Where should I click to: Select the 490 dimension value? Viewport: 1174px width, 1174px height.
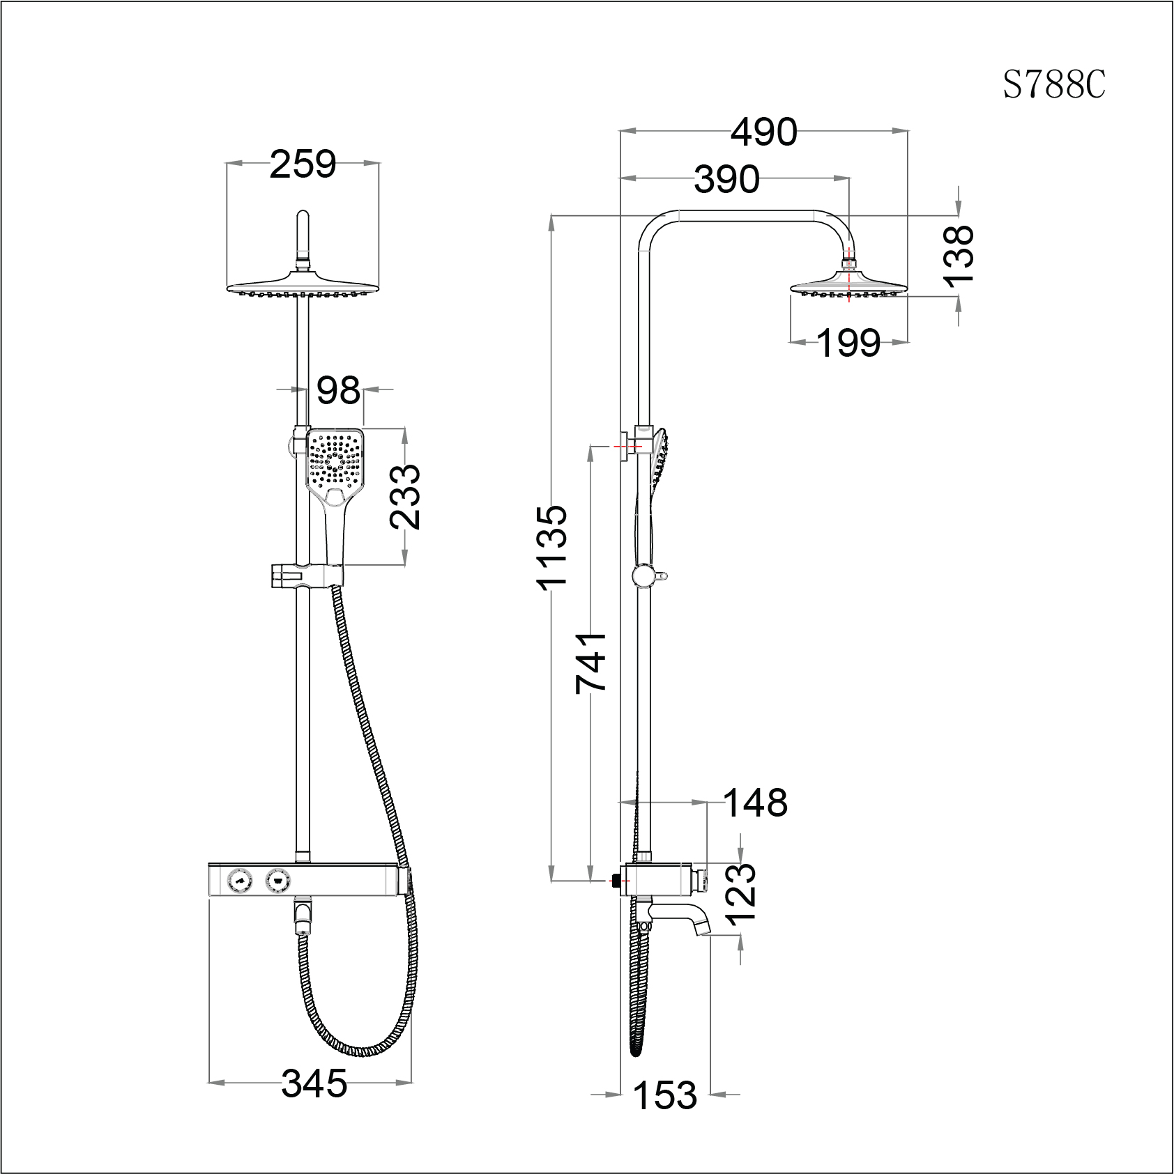(x=764, y=132)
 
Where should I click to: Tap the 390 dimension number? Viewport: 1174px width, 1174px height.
(x=726, y=180)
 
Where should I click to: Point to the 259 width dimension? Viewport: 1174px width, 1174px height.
(x=303, y=164)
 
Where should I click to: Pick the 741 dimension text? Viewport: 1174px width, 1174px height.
(x=592, y=663)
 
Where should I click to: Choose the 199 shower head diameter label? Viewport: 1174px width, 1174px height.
(x=848, y=343)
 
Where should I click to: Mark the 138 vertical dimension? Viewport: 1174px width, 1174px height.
(x=959, y=256)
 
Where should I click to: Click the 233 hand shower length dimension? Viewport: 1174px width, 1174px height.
(x=405, y=497)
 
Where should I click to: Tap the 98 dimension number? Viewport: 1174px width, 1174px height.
(x=338, y=390)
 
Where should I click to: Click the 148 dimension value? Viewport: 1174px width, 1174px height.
(x=756, y=803)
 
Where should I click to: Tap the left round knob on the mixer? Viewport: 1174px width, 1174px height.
(x=240, y=881)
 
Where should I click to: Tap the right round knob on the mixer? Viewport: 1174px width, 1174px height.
(x=278, y=881)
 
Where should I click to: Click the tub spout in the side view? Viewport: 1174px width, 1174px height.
(x=680, y=915)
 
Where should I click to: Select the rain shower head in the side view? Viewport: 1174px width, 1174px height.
(x=848, y=286)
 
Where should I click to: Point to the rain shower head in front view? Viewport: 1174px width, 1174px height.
(x=303, y=286)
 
